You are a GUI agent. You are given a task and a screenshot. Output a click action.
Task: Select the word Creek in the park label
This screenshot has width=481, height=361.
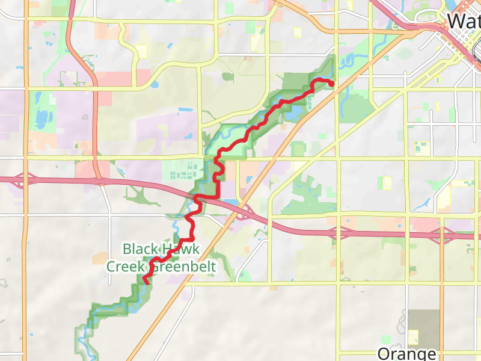125,265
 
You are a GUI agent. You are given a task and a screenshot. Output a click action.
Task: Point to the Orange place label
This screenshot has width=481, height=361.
407,353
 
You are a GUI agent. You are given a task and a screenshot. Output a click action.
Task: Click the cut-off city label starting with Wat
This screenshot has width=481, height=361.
464,22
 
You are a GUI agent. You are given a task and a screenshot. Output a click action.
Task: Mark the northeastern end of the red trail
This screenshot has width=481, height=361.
332,84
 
